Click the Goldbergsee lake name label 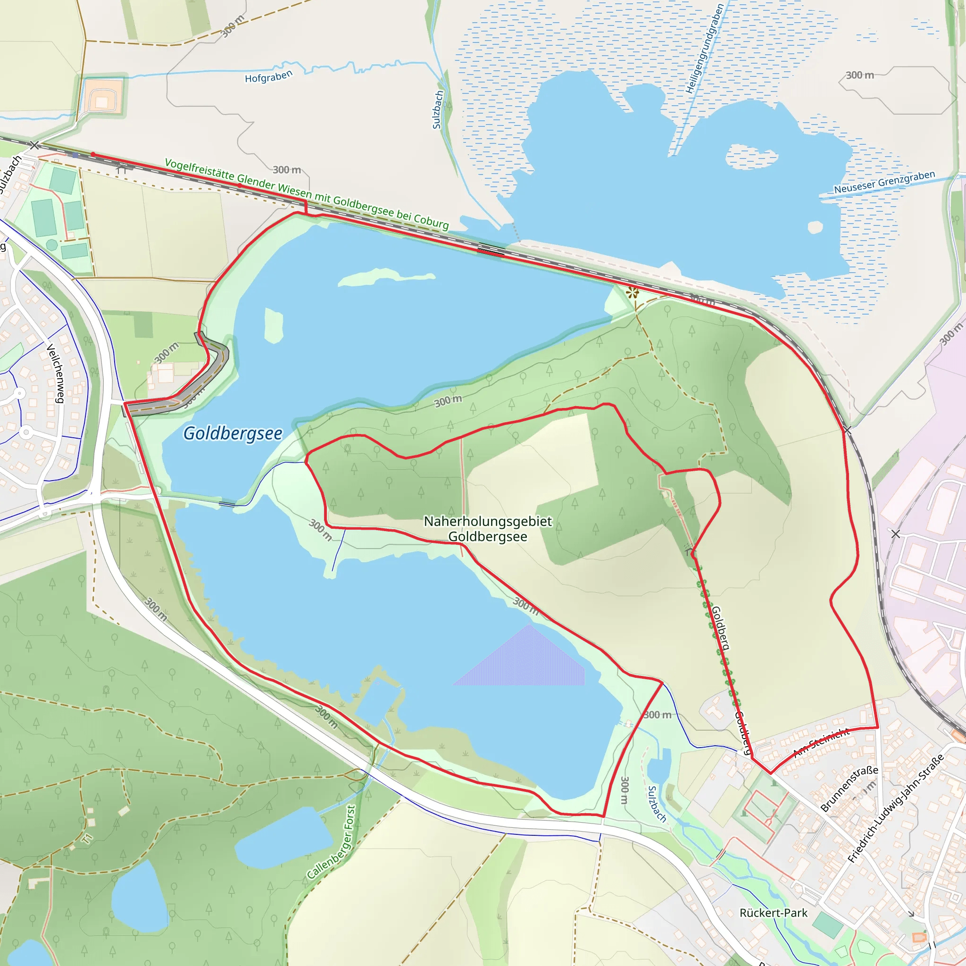(233, 433)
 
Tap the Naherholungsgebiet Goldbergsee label (488, 528)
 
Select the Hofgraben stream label (268, 77)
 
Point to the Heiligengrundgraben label (705, 49)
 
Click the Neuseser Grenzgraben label (884, 183)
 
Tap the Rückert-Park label (773, 913)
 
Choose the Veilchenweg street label (56, 373)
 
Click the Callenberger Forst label (332, 841)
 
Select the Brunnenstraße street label (849, 789)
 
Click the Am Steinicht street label (821, 742)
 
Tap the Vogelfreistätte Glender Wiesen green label (307, 194)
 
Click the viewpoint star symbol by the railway (633, 292)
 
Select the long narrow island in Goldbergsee (385, 276)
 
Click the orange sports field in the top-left (102, 97)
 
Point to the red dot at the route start (93, 155)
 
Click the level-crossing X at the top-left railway (34, 145)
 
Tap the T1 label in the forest (88, 839)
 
